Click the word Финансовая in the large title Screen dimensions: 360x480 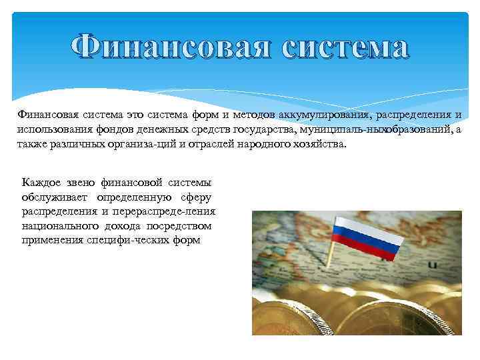pos(169,47)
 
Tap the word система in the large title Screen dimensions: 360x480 pos(345,47)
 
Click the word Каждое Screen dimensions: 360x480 pos(41,183)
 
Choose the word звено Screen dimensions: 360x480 pos(85,183)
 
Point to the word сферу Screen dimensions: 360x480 pos(196,197)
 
